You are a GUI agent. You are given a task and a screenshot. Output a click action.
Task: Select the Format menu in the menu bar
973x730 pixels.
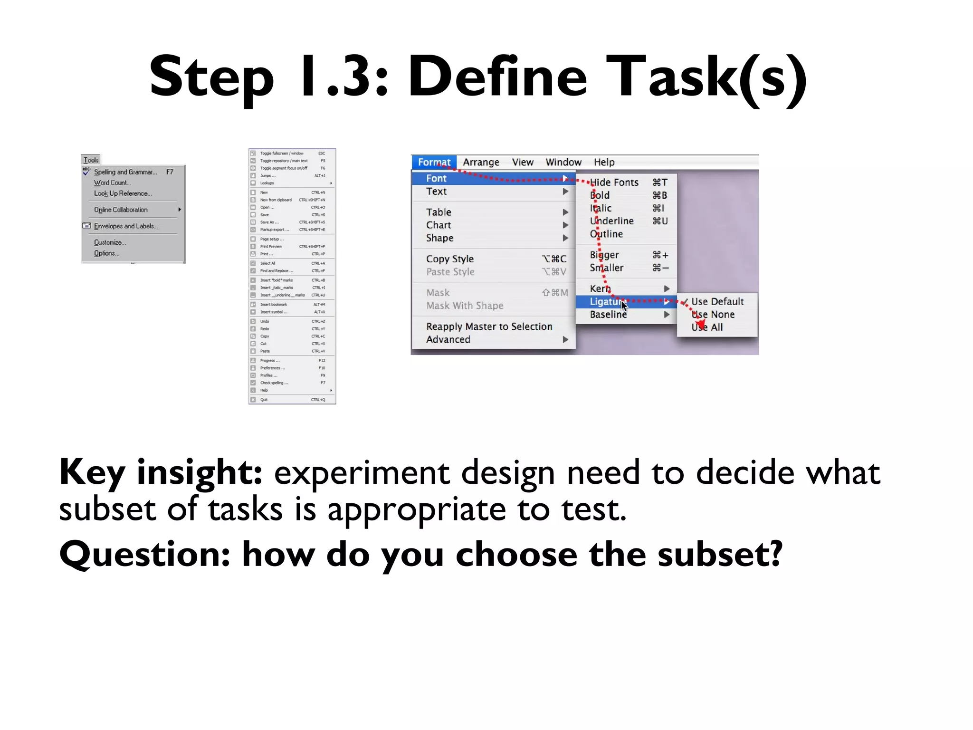click(x=434, y=162)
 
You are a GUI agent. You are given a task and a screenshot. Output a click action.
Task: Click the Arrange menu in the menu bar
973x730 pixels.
click(x=481, y=162)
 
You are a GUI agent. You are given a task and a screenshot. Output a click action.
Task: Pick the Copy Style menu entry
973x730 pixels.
click(x=449, y=259)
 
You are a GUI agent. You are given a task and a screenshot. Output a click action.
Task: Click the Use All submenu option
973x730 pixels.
click(x=707, y=327)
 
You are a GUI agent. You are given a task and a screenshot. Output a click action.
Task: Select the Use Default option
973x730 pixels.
click(x=717, y=301)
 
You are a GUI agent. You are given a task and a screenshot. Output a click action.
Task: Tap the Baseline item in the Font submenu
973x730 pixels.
click(x=608, y=314)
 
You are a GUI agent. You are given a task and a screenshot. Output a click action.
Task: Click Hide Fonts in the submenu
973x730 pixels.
click(x=614, y=182)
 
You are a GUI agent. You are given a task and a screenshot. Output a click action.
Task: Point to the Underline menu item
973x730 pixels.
click(x=612, y=221)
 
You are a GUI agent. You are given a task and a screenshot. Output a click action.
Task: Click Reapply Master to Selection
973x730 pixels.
click(x=489, y=327)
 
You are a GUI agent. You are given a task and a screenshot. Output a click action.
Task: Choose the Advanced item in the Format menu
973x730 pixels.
click(x=448, y=339)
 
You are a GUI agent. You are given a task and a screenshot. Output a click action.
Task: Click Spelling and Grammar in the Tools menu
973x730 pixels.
click(x=125, y=172)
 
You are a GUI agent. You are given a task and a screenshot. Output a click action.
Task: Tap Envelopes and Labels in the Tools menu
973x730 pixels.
click(x=126, y=226)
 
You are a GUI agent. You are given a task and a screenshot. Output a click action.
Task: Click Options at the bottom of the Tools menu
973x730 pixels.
click(x=106, y=253)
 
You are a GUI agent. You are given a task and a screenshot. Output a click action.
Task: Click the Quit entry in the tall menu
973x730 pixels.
click(x=264, y=400)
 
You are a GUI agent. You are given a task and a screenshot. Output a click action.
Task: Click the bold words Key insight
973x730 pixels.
click(x=161, y=472)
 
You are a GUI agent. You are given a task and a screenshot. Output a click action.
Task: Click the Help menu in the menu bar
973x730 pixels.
click(x=604, y=162)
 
